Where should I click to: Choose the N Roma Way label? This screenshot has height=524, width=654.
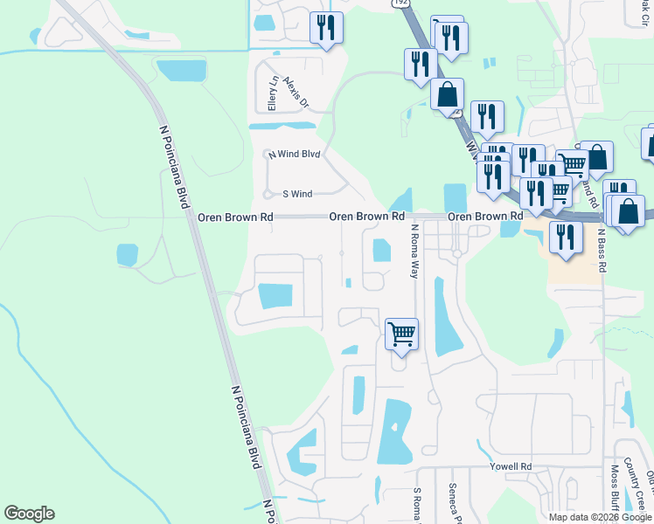pyautogui.click(x=414, y=251)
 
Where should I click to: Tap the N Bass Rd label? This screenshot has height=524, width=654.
pyautogui.click(x=602, y=251)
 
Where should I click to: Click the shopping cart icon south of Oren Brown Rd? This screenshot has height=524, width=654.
pyautogui.click(x=401, y=333)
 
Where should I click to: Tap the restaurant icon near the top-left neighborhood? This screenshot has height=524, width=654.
pyautogui.click(x=326, y=27)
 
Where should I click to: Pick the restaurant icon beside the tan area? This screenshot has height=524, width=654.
pyautogui.click(x=566, y=237)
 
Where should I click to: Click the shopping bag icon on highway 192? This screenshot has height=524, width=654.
pyautogui.click(x=447, y=94)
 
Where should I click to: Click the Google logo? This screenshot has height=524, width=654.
pyautogui.click(x=29, y=514)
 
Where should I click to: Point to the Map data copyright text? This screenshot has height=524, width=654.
pyautogui.click(x=600, y=516)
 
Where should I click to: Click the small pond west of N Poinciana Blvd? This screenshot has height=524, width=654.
pyautogui.click(x=127, y=255)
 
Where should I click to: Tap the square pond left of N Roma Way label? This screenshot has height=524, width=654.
pyautogui.click(x=381, y=251)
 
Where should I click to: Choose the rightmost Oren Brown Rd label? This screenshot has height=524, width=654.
pyautogui.click(x=484, y=216)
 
